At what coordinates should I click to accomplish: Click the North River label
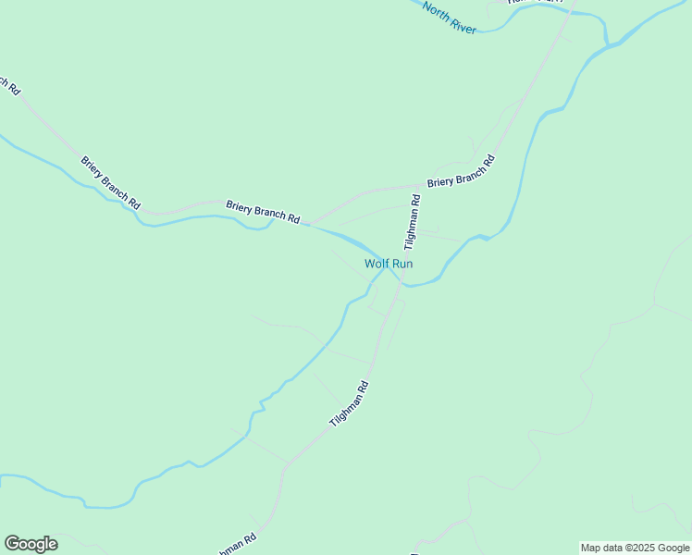(x=450, y=18)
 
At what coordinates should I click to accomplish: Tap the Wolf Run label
(x=389, y=264)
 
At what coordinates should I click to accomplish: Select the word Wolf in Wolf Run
(x=377, y=264)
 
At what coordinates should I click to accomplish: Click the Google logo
(x=31, y=544)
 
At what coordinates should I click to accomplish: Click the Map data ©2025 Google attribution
(x=635, y=548)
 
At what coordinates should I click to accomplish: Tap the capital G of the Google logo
(x=12, y=544)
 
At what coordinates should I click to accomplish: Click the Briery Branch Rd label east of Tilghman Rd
(x=461, y=171)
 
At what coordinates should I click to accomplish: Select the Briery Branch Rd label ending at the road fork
(x=263, y=212)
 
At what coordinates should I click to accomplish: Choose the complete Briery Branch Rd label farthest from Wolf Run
(x=110, y=180)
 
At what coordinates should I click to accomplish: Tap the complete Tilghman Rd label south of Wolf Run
(x=349, y=404)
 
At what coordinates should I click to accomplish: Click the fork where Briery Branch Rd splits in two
(x=308, y=223)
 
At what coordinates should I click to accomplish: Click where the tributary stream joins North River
(x=606, y=43)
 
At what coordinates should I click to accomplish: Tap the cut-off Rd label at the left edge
(x=12, y=86)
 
